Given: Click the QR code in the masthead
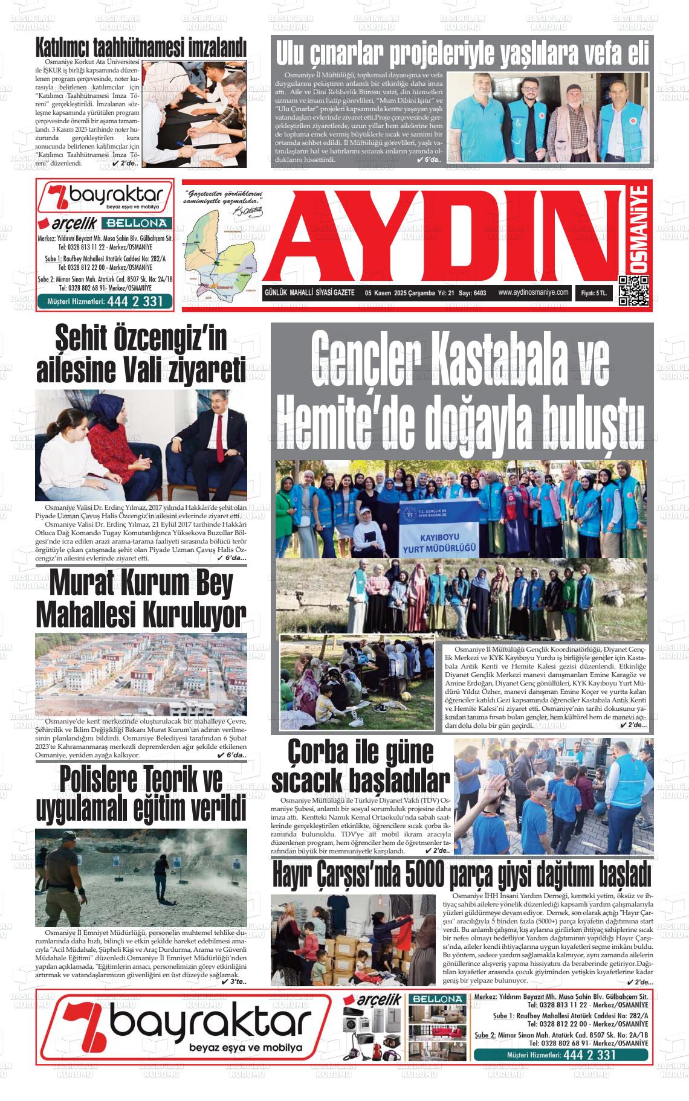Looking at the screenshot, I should (633, 291).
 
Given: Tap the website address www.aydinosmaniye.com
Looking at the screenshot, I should (533, 292).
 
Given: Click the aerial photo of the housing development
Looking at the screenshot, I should (141, 673).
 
